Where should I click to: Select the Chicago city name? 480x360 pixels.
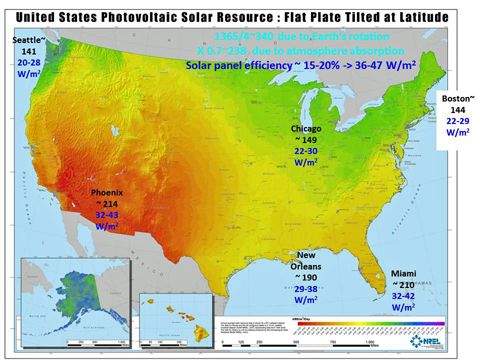click(x=306, y=130)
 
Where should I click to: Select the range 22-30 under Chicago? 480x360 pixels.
click(x=305, y=153)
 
